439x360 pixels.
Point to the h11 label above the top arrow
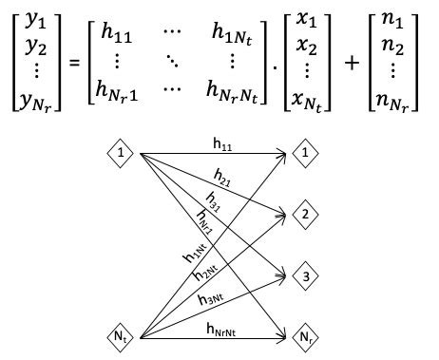click(225, 143)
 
